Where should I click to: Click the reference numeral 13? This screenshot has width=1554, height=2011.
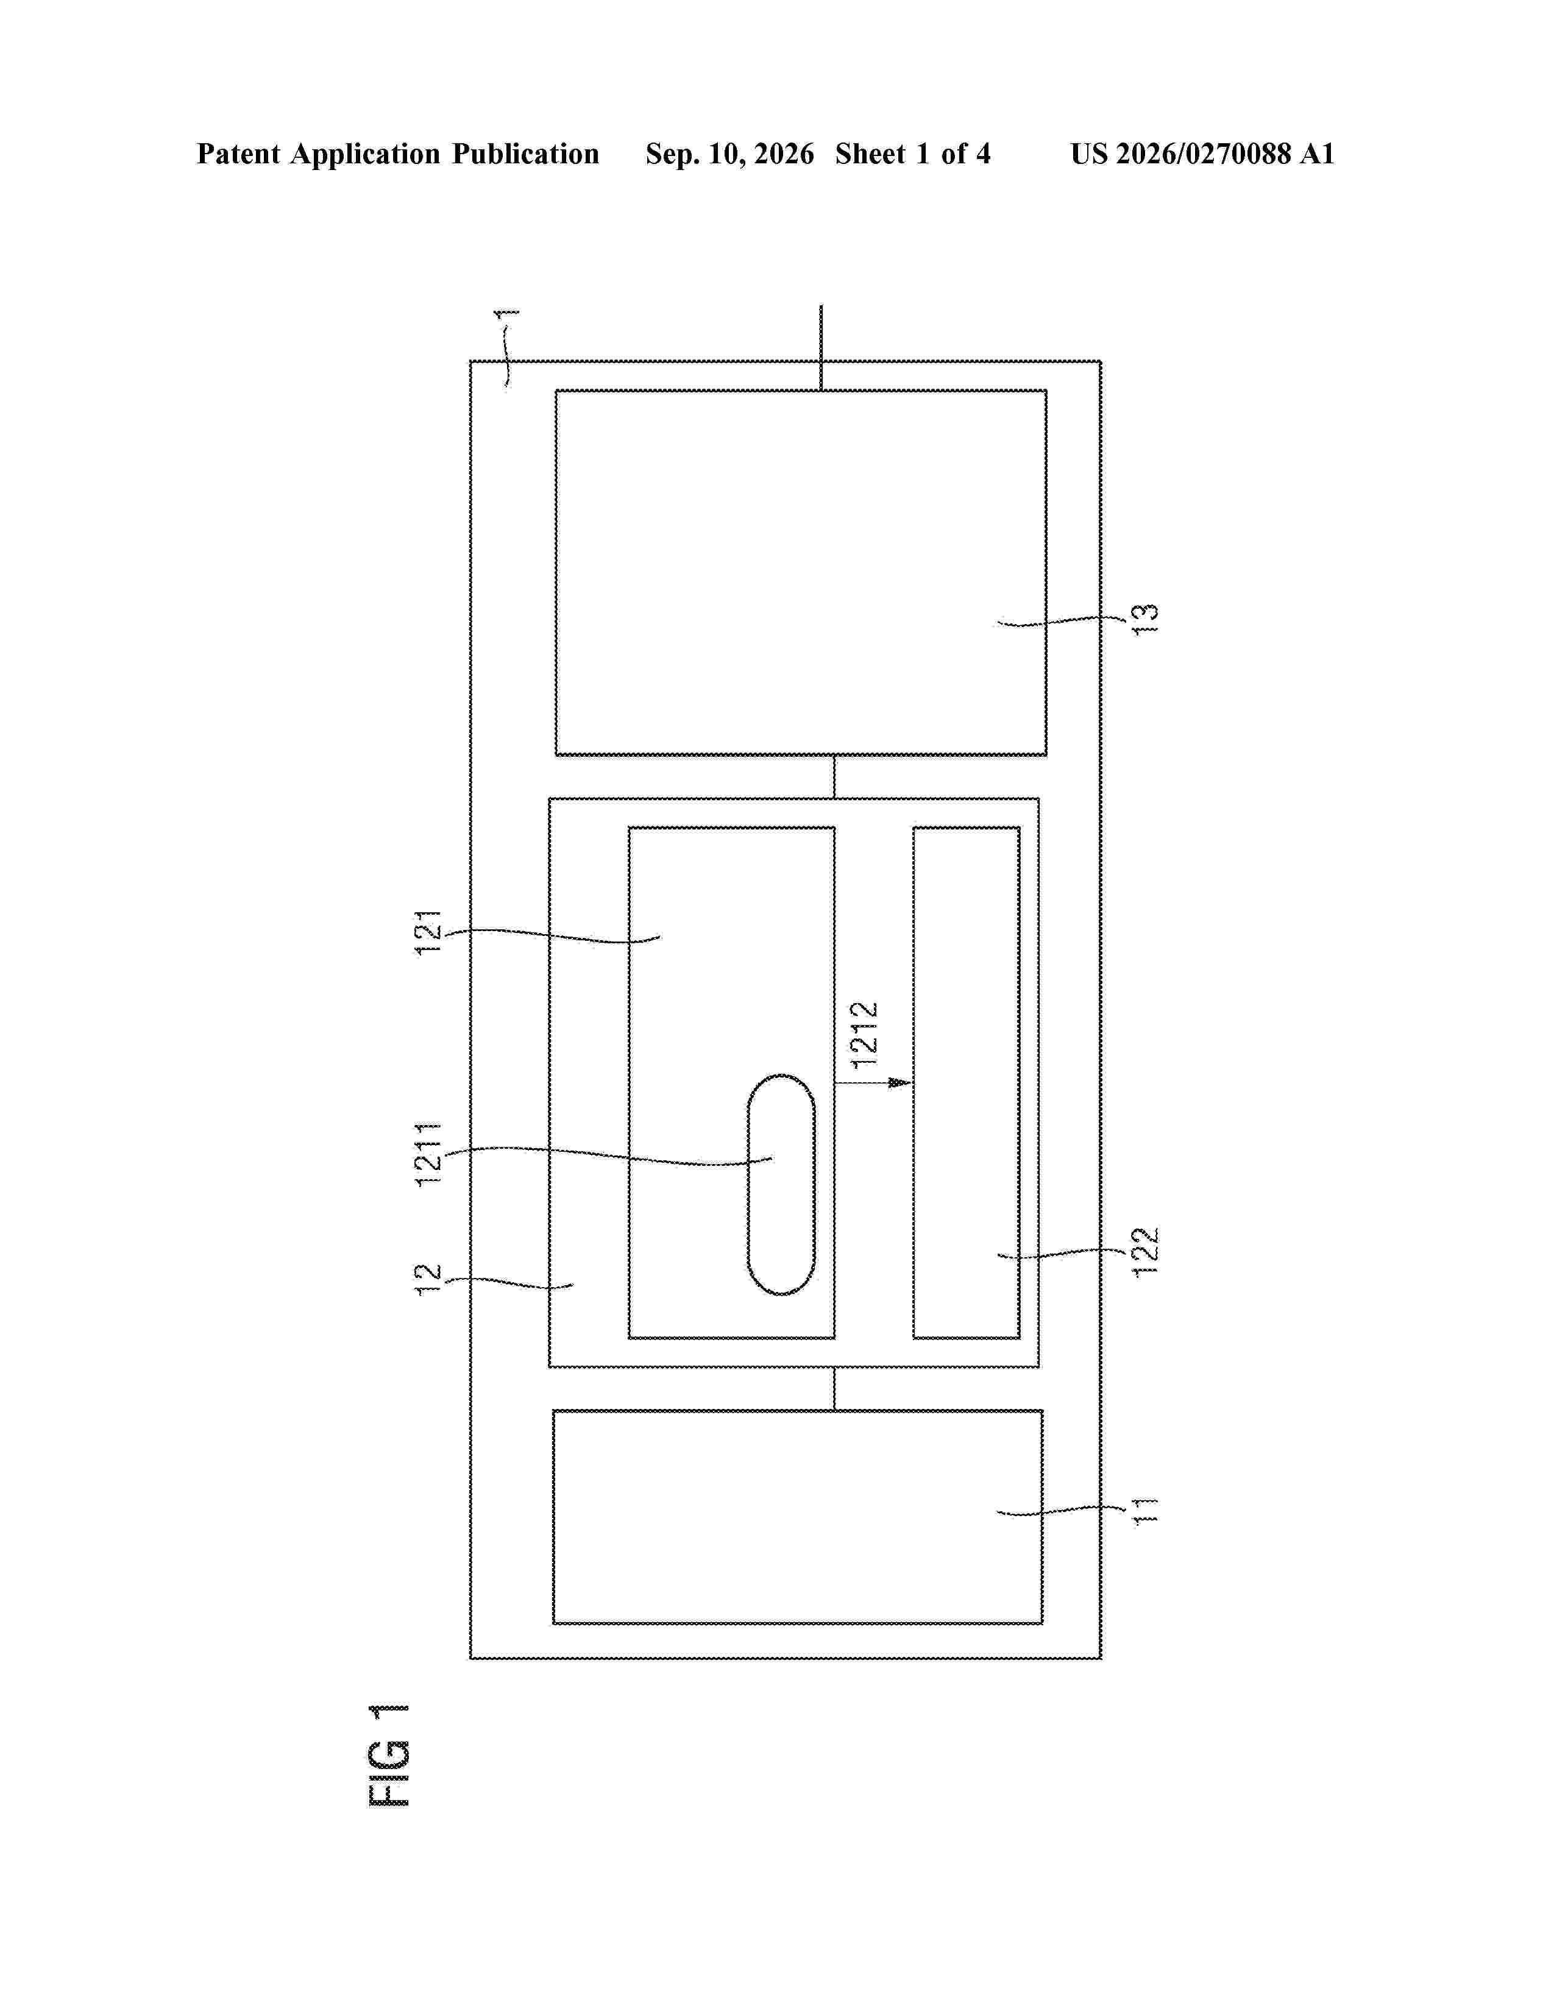(x=1144, y=619)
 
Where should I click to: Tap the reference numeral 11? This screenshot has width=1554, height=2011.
(x=1144, y=1511)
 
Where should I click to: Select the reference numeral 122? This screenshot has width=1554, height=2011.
(x=1145, y=1251)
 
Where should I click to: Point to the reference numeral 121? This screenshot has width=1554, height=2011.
(x=429, y=933)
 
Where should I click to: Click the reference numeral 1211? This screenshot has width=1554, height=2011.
(x=429, y=1154)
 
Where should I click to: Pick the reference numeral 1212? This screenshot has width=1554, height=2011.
(x=865, y=1035)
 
